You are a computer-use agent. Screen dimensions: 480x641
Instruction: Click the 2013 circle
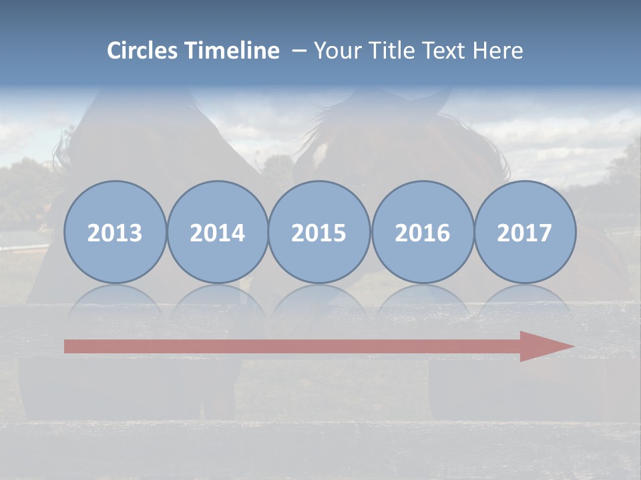[115, 232]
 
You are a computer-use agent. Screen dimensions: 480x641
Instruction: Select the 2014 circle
[217, 232]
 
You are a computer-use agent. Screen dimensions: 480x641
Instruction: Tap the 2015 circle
[319, 232]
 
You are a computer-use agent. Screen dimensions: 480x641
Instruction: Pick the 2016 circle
[422, 232]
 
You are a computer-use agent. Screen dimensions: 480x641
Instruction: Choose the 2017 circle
[525, 232]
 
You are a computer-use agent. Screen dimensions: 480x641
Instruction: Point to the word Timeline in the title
[233, 51]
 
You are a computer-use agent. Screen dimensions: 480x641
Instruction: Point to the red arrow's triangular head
[544, 346]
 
